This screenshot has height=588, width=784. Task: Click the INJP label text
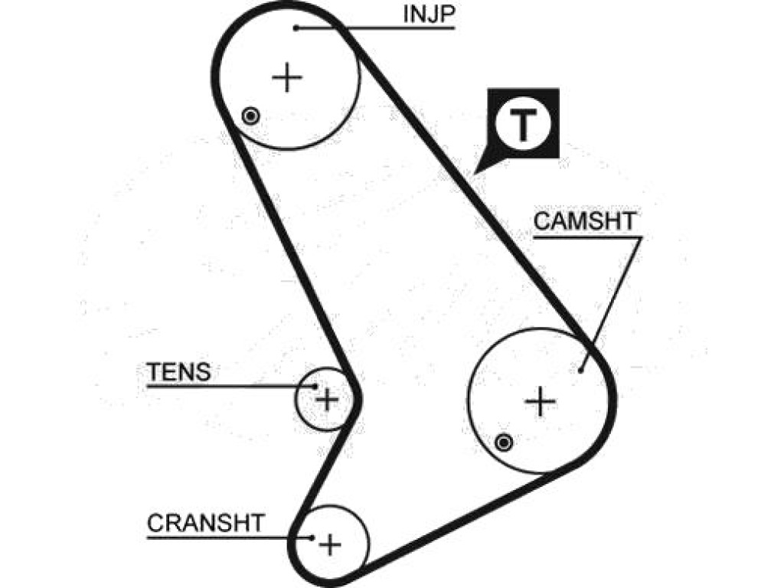pyautogui.click(x=429, y=14)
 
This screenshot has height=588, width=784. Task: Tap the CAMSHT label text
pyautogui.click(x=584, y=221)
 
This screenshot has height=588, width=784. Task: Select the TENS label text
pyautogui.click(x=179, y=372)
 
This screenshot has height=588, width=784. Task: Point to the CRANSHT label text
pyautogui.click(x=205, y=523)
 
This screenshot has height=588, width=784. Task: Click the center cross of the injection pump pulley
pyautogui.click(x=287, y=77)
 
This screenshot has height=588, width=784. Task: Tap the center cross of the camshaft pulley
pyautogui.click(x=540, y=401)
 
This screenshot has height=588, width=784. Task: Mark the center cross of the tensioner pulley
pyautogui.click(x=328, y=400)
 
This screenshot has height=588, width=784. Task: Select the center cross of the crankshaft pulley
pyautogui.click(x=330, y=544)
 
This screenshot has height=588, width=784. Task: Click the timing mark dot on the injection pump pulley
pyautogui.click(x=250, y=116)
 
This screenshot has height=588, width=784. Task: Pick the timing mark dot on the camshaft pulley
pyautogui.click(x=504, y=443)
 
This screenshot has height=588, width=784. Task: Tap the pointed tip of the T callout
pyautogui.click(x=473, y=174)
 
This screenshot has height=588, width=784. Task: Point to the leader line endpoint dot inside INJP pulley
pyautogui.click(x=296, y=28)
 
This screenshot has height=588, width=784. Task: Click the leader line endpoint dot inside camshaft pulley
pyautogui.click(x=580, y=370)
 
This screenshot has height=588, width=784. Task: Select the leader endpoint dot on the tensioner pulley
pyautogui.click(x=315, y=386)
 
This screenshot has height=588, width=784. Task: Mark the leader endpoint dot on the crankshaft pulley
pyautogui.click(x=312, y=538)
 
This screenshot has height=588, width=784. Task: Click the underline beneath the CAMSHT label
pyautogui.click(x=587, y=237)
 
